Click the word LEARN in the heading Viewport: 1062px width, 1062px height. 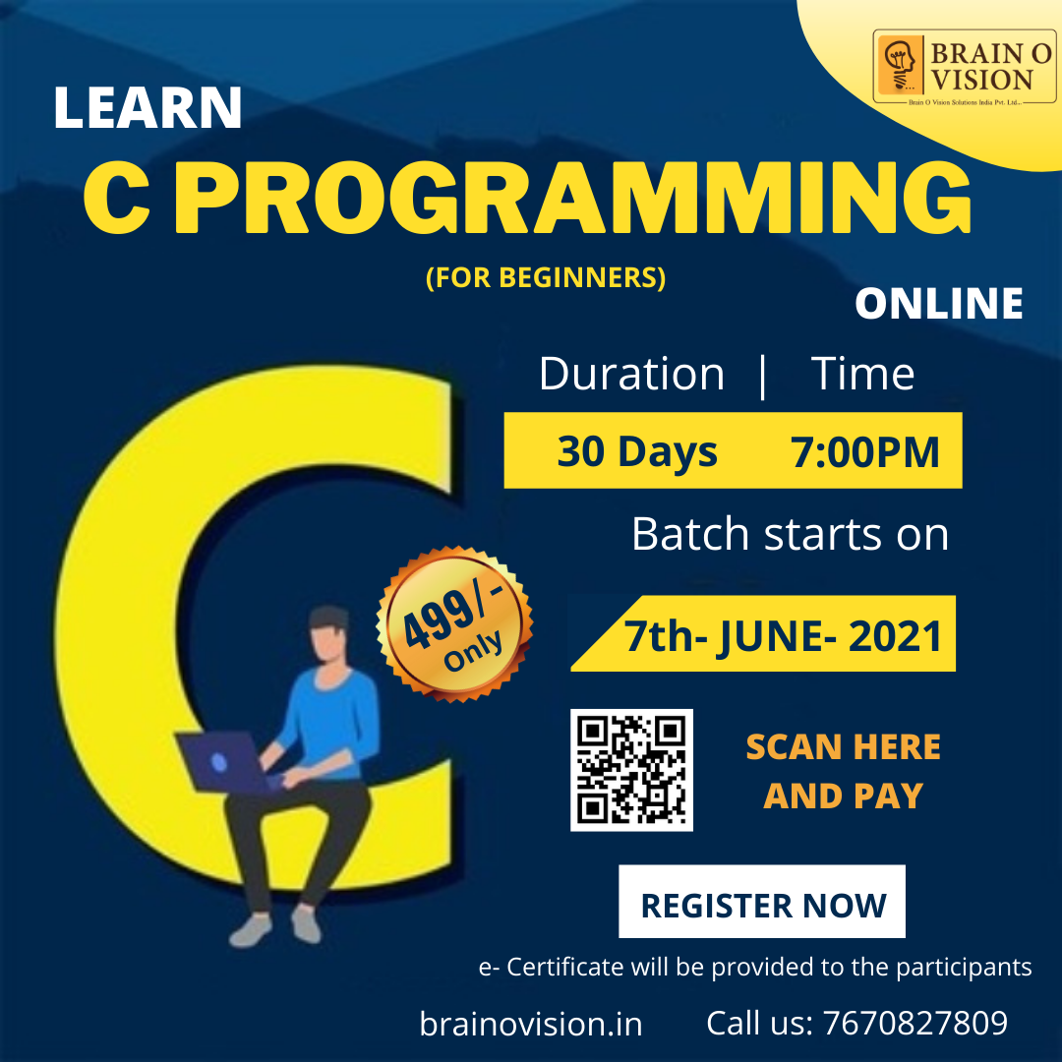point(147,107)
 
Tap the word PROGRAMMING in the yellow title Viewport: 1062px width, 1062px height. point(573,197)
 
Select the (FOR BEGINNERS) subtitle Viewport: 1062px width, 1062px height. point(546,277)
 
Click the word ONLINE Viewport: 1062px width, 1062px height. point(939,303)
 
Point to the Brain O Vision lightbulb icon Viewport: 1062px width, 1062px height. point(900,65)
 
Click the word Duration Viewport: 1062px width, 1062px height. point(631,374)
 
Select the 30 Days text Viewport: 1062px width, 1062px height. point(637,451)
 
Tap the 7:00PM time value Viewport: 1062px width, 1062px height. point(865,451)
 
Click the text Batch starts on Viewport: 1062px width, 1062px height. point(790,534)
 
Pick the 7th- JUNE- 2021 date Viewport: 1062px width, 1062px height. point(783,636)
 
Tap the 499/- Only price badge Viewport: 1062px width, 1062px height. point(454,623)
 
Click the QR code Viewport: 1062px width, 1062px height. point(631,770)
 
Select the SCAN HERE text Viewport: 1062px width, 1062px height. point(844,747)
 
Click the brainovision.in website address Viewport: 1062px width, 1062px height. point(531,1024)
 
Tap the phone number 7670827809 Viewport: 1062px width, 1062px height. point(915,1023)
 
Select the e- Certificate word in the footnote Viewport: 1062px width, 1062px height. point(551,968)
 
